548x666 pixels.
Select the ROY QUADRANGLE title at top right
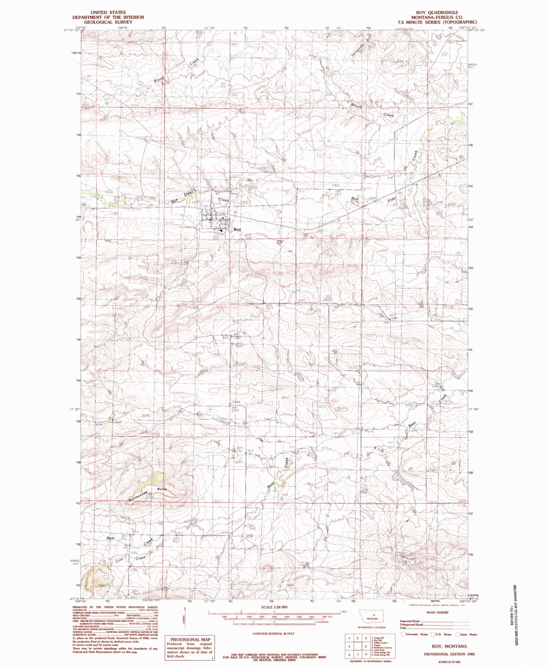[x=437, y=13]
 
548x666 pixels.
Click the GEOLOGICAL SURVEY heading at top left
[x=108, y=22]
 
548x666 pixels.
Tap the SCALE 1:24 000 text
[x=274, y=607]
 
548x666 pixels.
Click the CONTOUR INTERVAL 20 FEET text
[x=273, y=633]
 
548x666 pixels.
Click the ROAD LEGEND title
[x=437, y=612]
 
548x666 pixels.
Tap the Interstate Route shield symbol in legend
[x=403, y=634]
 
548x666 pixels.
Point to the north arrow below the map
[x=185, y=618]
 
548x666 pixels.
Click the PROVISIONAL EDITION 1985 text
[x=445, y=654]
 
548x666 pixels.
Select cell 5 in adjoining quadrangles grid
[x=366, y=646]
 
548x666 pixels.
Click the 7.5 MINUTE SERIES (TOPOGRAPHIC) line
[x=437, y=22]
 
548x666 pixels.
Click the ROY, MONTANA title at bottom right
[x=445, y=646]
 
